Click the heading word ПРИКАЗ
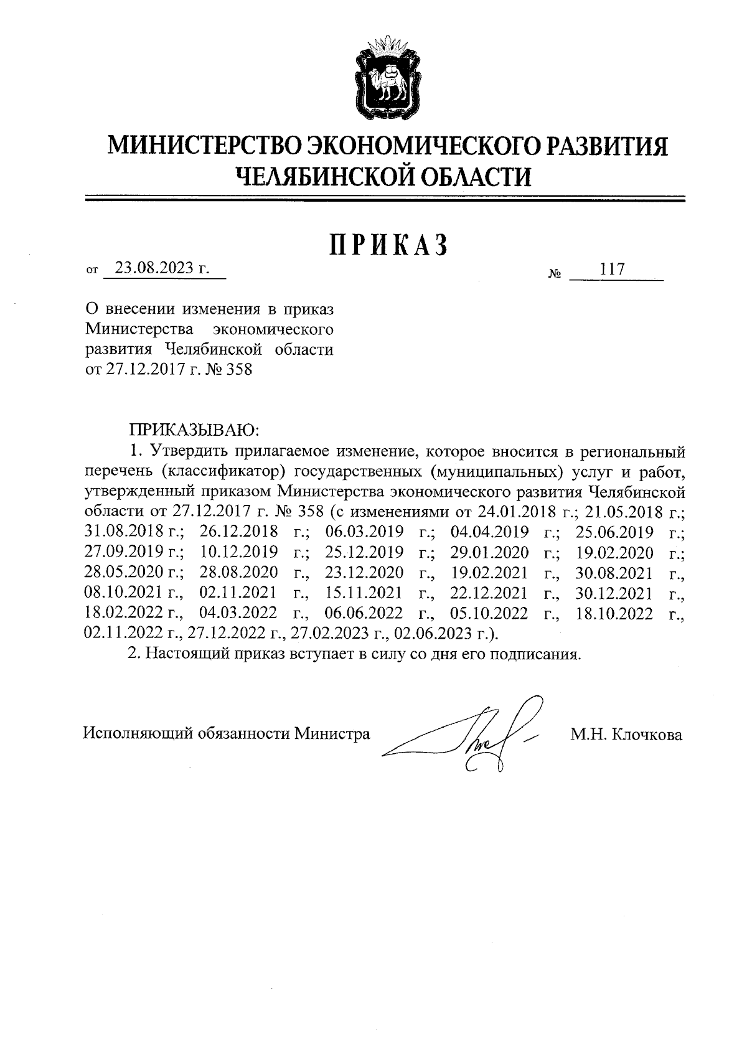click(388, 245)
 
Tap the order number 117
click(611, 270)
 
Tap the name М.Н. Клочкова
click(626, 735)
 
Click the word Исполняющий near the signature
click(138, 734)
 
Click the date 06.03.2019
click(364, 532)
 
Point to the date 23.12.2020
click(364, 573)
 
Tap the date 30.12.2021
click(614, 593)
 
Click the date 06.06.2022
click(364, 614)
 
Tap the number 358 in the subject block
click(240, 370)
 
